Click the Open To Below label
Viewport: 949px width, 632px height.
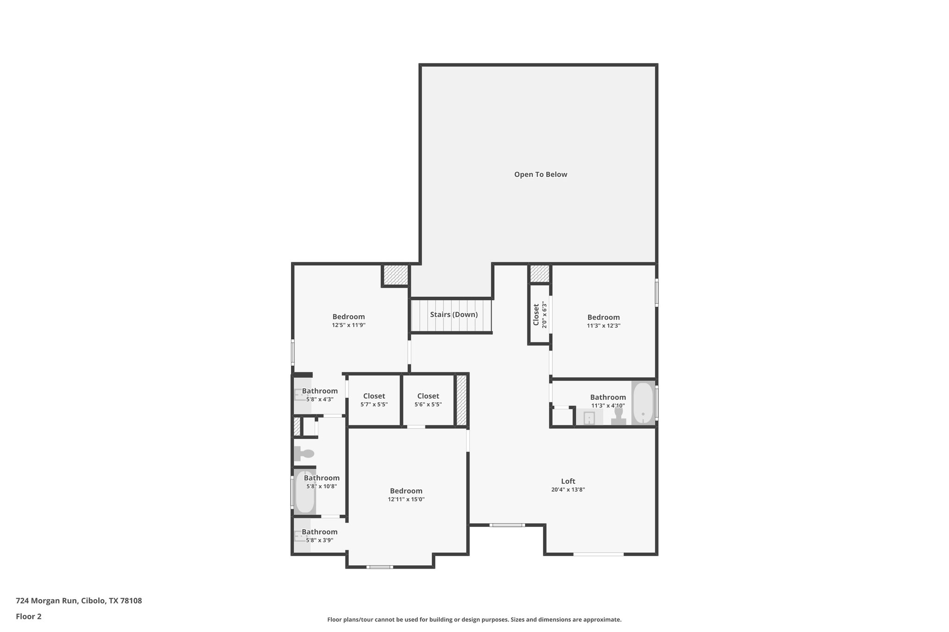point(540,175)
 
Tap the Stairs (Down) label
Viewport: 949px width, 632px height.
point(454,315)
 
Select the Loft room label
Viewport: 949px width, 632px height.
point(568,481)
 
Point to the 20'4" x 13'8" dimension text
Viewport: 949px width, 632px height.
point(568,489)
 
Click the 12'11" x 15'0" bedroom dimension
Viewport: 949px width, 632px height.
point(406,499)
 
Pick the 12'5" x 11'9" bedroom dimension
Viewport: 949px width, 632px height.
point(348,325)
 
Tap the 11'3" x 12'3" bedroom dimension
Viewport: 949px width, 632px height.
point(603,325)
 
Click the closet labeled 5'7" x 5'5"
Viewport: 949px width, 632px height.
point(374,400)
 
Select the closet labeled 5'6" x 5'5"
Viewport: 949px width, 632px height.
point(428,400)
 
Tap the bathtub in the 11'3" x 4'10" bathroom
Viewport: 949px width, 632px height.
point(643,403)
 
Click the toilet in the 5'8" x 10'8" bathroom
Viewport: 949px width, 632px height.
point(304,454)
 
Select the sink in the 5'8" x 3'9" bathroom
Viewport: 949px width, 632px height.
point(299,536)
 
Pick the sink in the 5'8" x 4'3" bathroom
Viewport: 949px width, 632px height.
point(299,394)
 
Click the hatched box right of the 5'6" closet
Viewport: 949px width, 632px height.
point(462,400)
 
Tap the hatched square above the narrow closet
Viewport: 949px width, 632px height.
point(539,273)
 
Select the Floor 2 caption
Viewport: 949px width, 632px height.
point(29,616)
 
